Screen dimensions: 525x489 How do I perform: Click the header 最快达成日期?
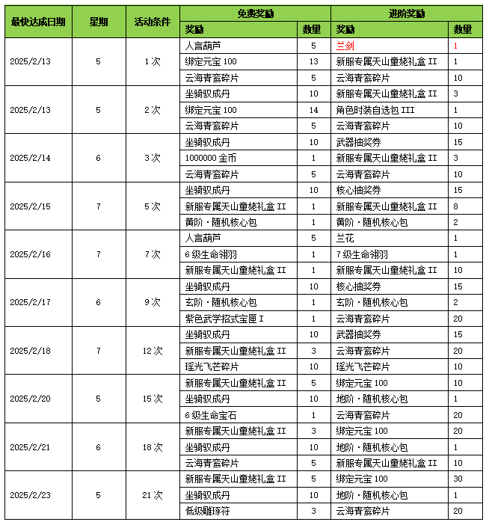click(x=38, y=22)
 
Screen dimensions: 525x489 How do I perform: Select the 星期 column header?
click(x=98, y=22)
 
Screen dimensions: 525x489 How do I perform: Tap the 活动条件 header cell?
click(x=152, y=22)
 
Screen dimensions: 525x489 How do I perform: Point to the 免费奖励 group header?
click(x=255, y=13)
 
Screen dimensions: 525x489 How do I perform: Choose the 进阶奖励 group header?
click(x=407, y=13)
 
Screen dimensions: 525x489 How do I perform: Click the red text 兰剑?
click(x=345, y=46)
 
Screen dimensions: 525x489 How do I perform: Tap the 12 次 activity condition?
click(x=152, y=350)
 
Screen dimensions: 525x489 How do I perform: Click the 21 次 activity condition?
click(x=152, y=494)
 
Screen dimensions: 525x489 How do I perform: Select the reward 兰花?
click(x=345, y=238)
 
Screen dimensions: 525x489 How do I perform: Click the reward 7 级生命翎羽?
click(x=362, y=254)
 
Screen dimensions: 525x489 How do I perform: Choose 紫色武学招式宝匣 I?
click(x=224, y=319)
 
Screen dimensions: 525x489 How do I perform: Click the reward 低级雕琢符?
click(x=209, y=511)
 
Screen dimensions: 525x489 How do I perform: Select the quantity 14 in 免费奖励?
click(x=313, y=110)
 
